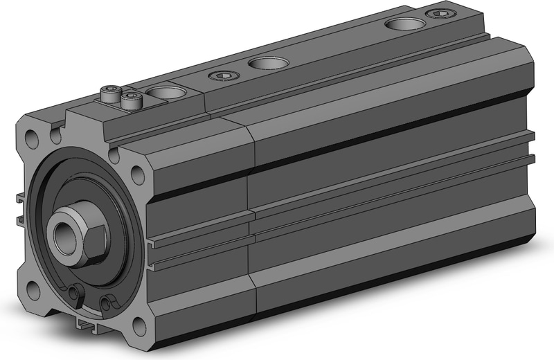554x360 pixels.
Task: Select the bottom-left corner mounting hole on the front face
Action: coord(34,289)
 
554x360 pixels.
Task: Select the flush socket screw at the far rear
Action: coord(438,14)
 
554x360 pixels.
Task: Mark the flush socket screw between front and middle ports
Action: coord(222,75)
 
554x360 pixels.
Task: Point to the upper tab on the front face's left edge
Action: coord(20,199)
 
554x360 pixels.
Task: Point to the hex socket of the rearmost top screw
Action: coord(438,14)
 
